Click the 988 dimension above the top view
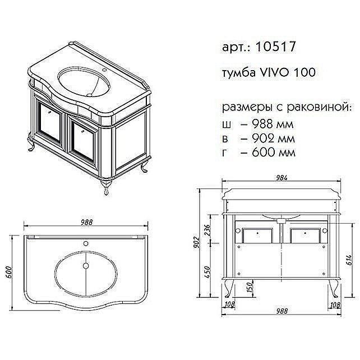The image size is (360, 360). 86,223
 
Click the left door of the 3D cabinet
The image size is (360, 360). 51,127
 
